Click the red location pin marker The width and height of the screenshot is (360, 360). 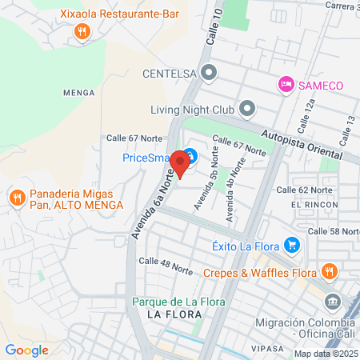181,163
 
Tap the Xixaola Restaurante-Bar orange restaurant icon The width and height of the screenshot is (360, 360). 81,32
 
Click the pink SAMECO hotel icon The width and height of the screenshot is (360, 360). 285,84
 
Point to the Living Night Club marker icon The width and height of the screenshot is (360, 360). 247,108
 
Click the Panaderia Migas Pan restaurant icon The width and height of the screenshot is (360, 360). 16,198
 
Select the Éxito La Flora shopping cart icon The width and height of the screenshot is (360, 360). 293,246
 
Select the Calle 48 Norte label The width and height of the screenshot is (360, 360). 166,262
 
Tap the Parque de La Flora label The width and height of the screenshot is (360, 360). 178,302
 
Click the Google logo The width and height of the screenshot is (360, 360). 26,350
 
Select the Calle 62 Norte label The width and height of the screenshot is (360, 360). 303,190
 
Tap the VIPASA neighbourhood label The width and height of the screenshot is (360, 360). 266,349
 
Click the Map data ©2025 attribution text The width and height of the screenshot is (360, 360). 326,354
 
